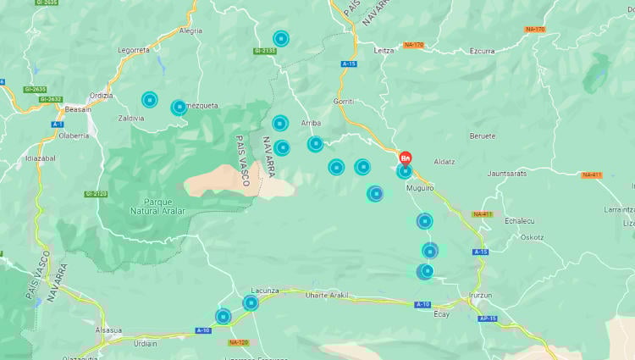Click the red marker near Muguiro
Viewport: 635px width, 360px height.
(x=406, y=158)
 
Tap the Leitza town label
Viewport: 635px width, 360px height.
(x=384, y=51)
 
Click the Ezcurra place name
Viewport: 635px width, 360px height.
(x=482, y=51)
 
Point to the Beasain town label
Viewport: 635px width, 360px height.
(x=78, y=109)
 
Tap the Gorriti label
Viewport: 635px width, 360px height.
(x=344, y=101)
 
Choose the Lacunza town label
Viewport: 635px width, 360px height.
(x=264, y=291)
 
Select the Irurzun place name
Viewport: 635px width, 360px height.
(x=482, y=296)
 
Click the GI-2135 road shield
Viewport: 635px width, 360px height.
(x=265, y=51)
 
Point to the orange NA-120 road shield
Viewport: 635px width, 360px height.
(x=239, y=343)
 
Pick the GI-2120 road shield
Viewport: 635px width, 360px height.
(x=96, y=194)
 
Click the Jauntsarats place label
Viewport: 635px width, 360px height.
(x=507, y=173)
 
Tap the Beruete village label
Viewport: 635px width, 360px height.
(x=483, y=136)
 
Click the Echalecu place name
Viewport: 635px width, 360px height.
(x=519, y=221)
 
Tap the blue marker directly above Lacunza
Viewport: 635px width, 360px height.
(x=251, y=302)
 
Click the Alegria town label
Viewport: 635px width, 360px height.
(x=191, y=30)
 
